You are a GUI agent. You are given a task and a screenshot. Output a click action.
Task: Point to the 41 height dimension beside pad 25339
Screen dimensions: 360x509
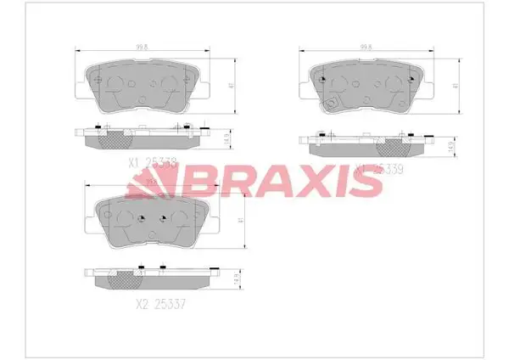(x=456, y=86)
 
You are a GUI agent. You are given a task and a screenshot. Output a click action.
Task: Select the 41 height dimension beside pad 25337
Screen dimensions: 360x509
(x=243, y=220)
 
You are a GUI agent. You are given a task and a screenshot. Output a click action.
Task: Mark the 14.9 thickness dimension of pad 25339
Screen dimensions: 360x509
(x=450, y=145)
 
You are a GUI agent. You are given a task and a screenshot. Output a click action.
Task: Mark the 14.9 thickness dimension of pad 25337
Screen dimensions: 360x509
(x=235, y=278)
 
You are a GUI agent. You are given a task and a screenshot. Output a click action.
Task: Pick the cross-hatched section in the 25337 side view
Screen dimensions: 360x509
(x=125, y=278)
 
